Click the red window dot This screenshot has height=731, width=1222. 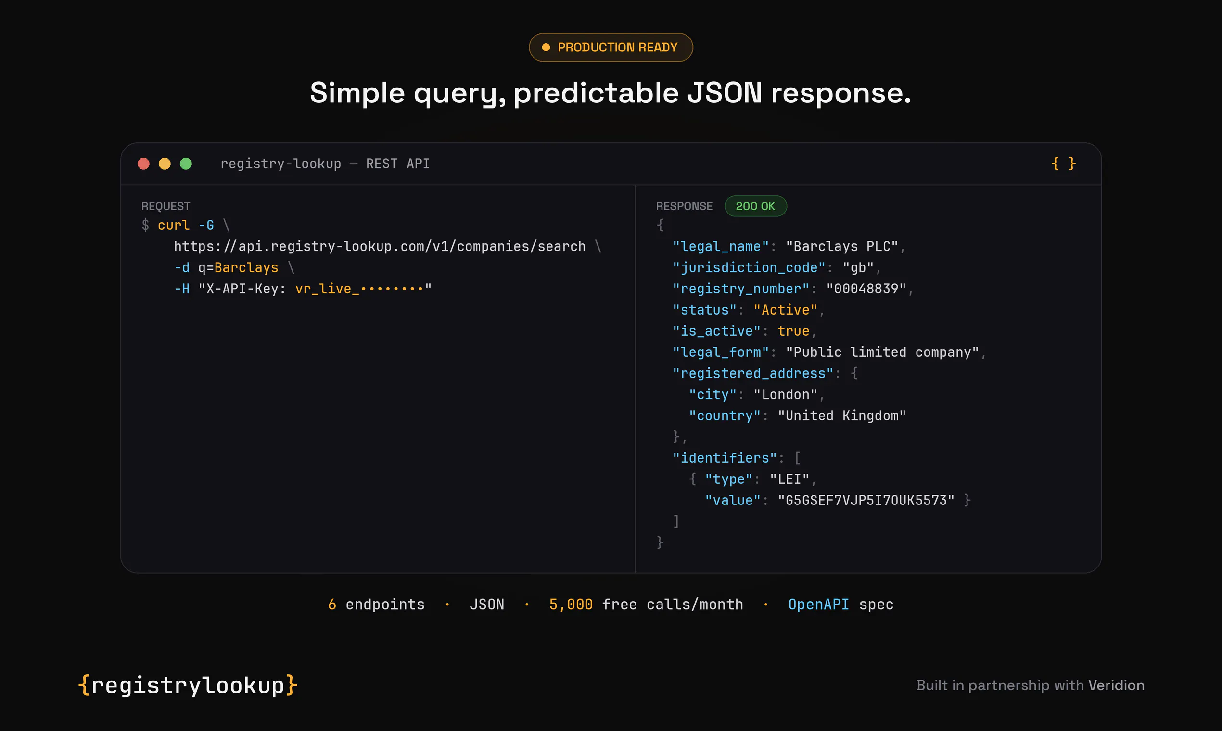(x=143, y=164)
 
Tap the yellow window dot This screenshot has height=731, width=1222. (x=165, y=164)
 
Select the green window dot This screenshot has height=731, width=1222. (x=186, y=164)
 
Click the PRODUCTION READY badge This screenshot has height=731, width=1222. (x=611, y=47)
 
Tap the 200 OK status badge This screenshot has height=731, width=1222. (x=755, y=206)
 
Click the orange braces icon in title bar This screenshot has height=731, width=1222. (x=1063, y=164)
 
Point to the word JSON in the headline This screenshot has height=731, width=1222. (x=725, y=93)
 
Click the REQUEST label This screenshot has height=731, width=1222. (x=165, y=206)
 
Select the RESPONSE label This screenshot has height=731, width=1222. (x=684, y=206)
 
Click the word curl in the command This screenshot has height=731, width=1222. (x=174, y=226)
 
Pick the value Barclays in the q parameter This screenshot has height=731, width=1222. (x=246, y=267)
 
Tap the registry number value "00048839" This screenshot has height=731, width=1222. (x=866, y=289)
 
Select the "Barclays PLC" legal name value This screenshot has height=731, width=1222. (x=842, y=246)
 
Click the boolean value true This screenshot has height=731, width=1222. (x=793, y=331)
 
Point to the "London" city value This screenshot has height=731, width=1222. (x=786, y=394)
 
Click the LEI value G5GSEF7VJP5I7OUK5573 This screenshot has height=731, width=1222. (x=866, y=501)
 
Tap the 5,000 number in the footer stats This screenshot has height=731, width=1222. (x=571, y=605)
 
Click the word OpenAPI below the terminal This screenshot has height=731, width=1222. (x=818, y=605)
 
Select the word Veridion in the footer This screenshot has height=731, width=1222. (x=1117, y=685)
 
